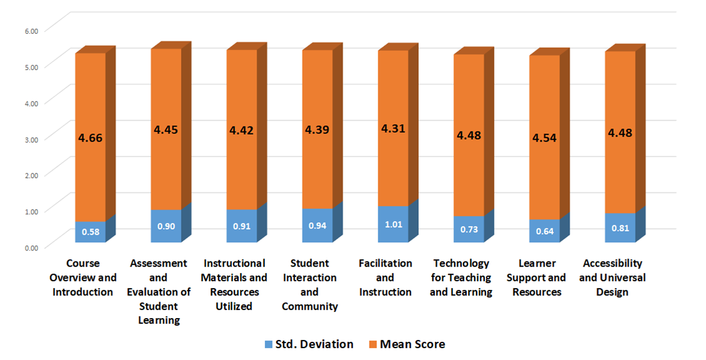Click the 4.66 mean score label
click(x=90, y=138)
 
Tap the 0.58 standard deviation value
click(x=90, y=232)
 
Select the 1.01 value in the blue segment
click(x=393, y=224)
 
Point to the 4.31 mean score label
click(x=393, y=129)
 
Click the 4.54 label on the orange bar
click(x=544, y=137)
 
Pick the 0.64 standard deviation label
click(x=544, y=230)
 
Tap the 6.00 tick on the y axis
click(x=31, y=30)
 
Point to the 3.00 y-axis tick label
click(x=31, y=138)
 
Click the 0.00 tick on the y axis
click(x=31, y=247)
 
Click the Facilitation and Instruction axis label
click(x=385, y=277)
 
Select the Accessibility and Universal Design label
click(x=612, y=277)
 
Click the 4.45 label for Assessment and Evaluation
click(x=166, y=130)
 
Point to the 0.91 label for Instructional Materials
click(x=242, y=225)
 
